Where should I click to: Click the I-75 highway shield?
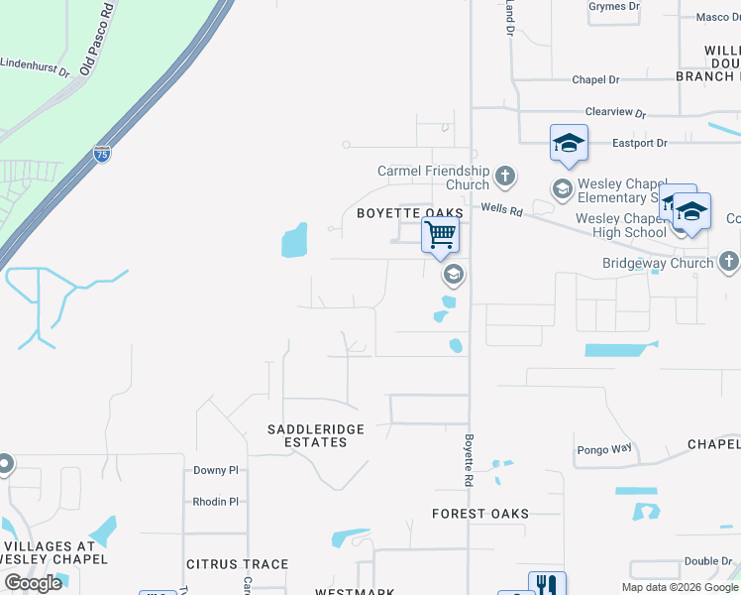[102, 154]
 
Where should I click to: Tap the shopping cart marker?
[440, 236]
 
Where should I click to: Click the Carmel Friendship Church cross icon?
[505, 178]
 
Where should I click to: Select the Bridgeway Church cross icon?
[729, 262]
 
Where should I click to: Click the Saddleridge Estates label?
[316, 435]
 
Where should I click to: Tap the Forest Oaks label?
[480, 514]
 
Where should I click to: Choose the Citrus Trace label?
[238, 564]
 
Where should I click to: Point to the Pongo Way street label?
[604, 449]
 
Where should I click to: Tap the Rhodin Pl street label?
[216, 501]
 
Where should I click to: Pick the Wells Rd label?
[501, 208]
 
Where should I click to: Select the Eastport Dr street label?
[639, 144]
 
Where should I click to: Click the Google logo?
[33, 582]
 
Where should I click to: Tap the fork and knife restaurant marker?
[547, 584]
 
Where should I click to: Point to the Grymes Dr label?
[613, 6]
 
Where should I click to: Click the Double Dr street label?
[707, 561]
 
